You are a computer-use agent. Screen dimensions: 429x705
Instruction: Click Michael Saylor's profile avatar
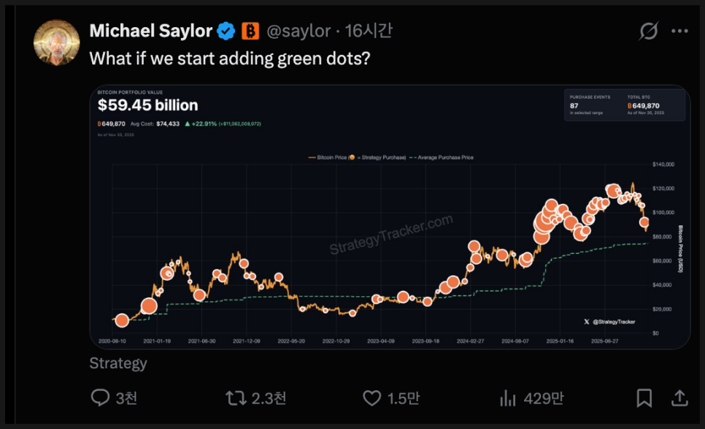pyautogui.click(x=56, y=42)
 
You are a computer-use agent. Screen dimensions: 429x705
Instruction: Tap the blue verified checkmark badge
pyautogui.click(x=227, y=31)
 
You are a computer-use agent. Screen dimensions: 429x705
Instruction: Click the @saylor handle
pyautogui.click(x=299, y=31)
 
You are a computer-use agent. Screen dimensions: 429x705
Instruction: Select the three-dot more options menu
pyautogui.click(x=679, y=31)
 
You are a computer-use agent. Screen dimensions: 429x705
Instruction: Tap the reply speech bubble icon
pyautogui.click(x=100, y=398)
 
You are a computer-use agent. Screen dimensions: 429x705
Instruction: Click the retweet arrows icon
pyautogui.click(x=236, y=398)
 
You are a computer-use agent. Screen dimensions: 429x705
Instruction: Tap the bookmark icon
pyautogui.click(x=644, y=398)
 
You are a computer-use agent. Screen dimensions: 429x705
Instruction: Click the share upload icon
pyautogui.click(x=679, y=398)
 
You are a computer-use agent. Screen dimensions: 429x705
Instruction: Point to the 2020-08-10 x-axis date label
pyautogui.click(x=112, y=341)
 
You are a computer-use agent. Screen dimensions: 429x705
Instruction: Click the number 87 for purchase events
pyautogui.click(x=574, y=106)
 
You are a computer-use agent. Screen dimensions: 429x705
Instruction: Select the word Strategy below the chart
pyautogui.click(x=118, y=363)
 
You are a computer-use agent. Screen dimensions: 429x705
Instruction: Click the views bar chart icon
pyautogui.click(x=507, y=398)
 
